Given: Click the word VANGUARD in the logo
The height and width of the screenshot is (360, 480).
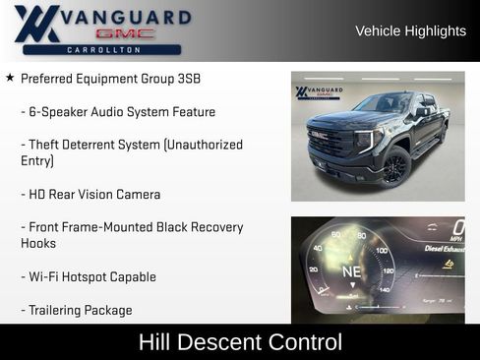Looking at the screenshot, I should pos(126,17).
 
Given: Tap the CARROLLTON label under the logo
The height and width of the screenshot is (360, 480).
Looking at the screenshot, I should pos(102,49).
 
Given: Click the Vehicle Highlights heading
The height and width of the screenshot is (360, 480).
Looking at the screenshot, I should pos(410,31).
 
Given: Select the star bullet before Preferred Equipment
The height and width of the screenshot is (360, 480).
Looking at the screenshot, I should pos(10,77).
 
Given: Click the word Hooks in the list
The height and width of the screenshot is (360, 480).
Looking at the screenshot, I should pos(38,243).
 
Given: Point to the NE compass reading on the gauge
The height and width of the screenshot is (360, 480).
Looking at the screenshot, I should pos(351,270).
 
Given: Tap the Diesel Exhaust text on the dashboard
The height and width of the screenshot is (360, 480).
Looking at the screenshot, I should pos(445,249).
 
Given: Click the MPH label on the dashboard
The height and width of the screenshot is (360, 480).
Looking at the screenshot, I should pos(456,239).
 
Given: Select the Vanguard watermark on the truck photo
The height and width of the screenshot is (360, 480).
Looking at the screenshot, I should pos(317,92).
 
